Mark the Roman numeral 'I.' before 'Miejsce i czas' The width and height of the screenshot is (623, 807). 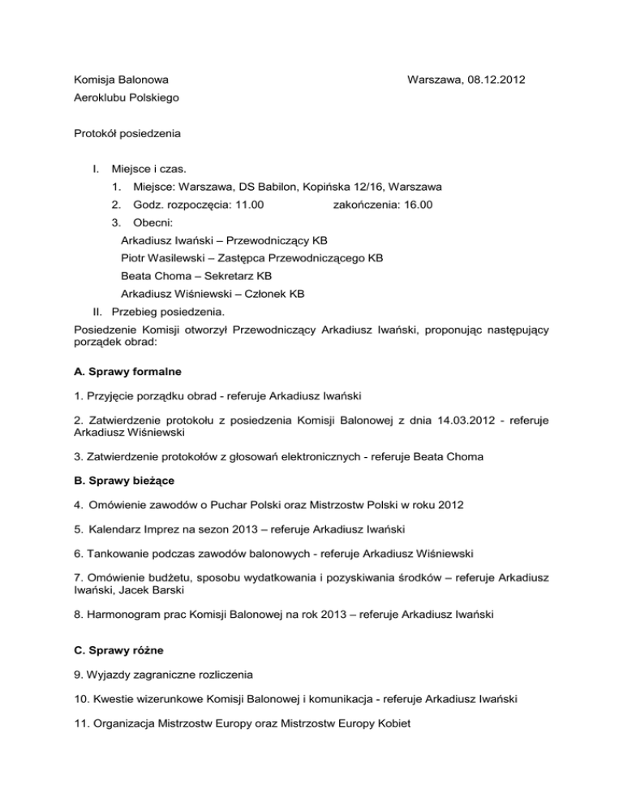[97, 169]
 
